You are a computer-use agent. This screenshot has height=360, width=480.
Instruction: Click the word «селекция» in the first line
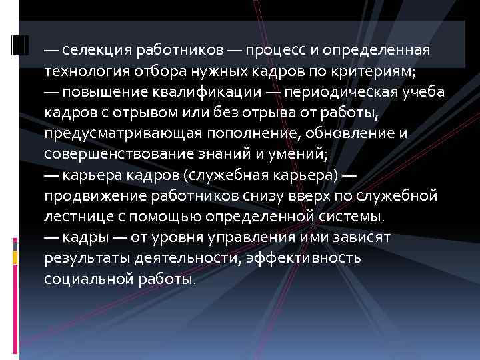click(93, 51)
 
